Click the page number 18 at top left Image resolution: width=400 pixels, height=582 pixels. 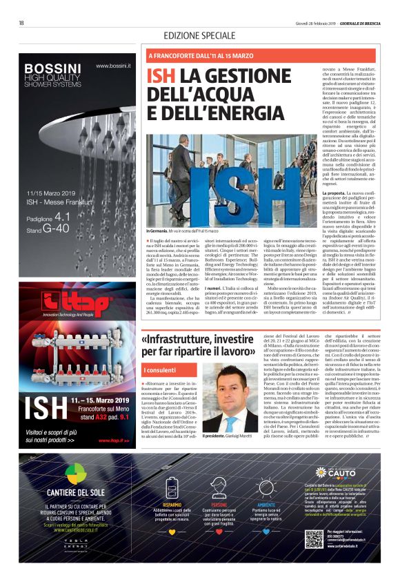click(x=21, y=23)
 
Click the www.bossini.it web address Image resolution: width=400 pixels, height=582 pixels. click(x=113, y=66)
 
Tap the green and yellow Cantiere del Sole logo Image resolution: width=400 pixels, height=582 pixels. click(x=77, y=474)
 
